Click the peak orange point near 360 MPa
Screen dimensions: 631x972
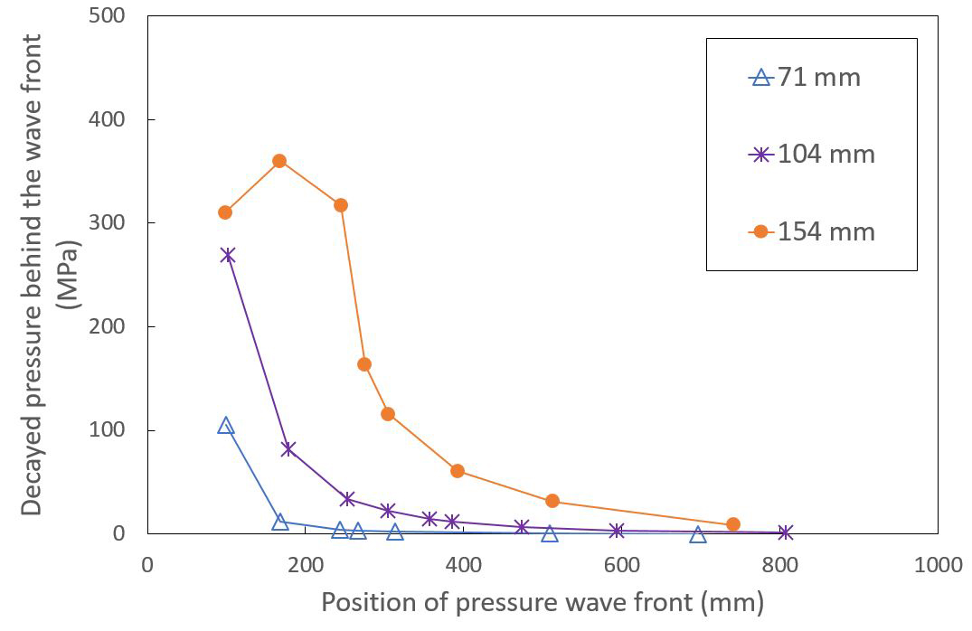coord(279,161)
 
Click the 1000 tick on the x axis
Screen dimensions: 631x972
coord(938,565)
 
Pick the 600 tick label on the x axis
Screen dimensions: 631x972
coord(621,565)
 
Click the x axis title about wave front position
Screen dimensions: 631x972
coord(543,602)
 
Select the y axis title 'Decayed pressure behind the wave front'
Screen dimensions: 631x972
coord(33,275)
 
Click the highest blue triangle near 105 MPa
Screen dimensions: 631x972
coord(226,426)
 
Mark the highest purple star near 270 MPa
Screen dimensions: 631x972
coord(227,255)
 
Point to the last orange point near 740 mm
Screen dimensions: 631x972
coord(733,524)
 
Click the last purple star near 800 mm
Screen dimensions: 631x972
coord(786,532)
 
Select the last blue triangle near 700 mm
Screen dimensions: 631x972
coord(698,535)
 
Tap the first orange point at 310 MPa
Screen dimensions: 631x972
coord(225,212)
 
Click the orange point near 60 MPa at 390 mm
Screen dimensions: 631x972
coord(458,471)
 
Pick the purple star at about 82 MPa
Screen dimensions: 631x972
coord(288,448)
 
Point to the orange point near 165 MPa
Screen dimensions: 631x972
coord(364,364)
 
